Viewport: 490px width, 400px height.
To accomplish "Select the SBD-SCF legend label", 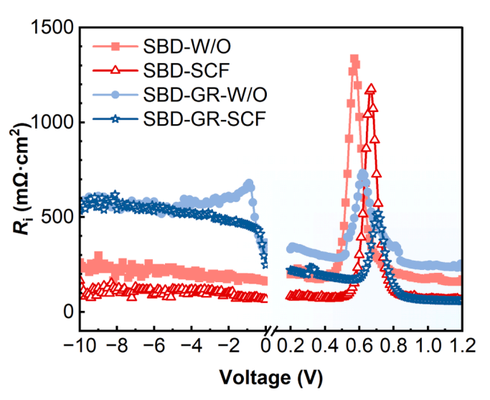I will coord(180,70).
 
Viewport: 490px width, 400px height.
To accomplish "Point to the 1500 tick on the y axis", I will coord(54,28).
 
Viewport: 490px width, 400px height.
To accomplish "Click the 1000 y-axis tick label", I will coord(54,123).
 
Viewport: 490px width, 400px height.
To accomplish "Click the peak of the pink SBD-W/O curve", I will coord(354,60).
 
